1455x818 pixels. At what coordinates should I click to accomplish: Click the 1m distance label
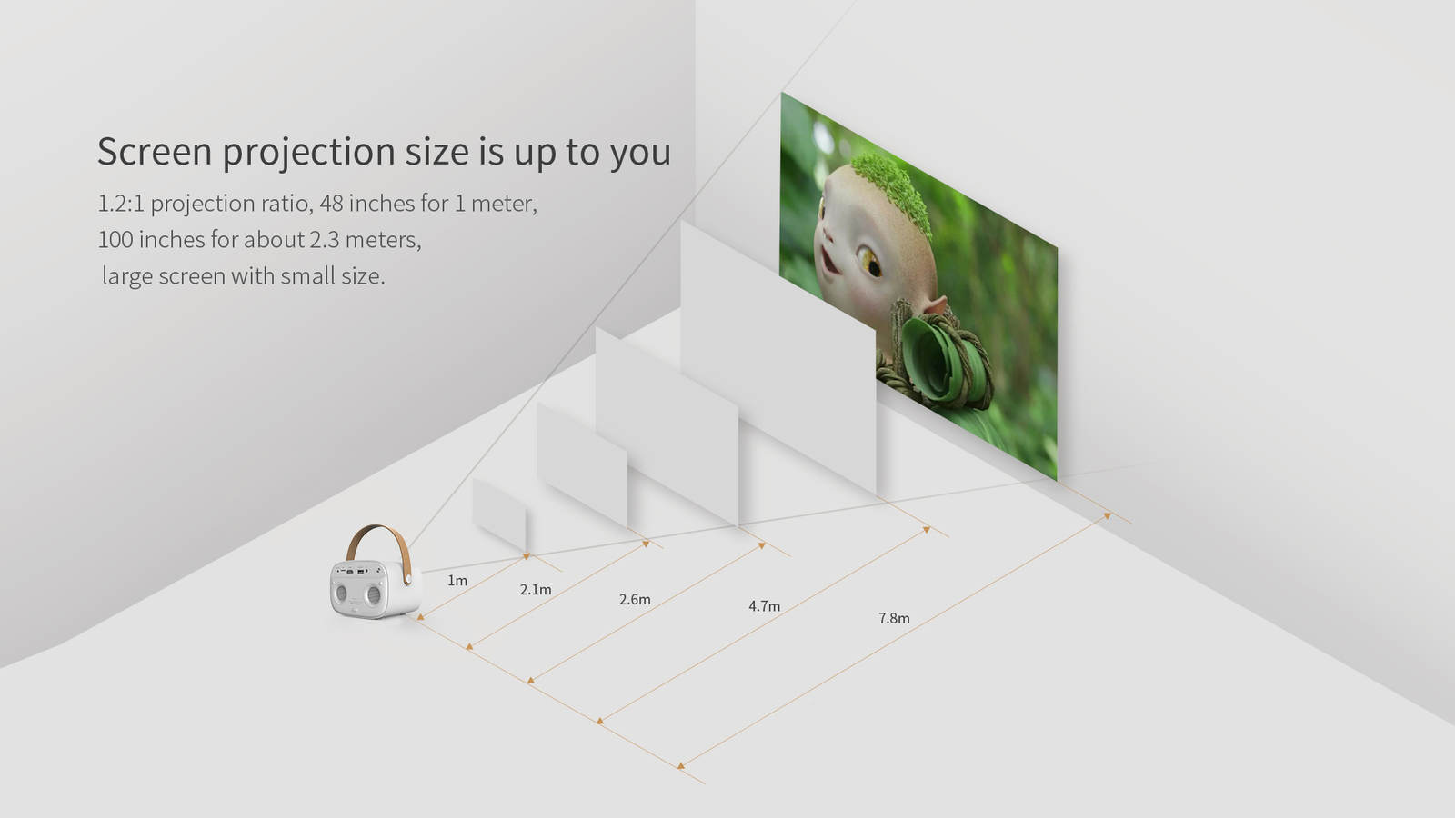457,581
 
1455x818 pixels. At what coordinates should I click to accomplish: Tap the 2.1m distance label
536,590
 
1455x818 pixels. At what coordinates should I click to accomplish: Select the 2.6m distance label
635,599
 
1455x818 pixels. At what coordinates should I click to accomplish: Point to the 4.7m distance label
764,606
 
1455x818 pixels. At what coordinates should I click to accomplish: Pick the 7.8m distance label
894,618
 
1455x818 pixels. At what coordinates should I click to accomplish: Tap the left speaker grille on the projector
342,594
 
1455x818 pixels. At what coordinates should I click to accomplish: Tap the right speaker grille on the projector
373,594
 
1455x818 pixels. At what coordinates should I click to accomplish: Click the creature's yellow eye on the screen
869,262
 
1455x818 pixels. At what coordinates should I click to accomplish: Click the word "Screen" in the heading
155,151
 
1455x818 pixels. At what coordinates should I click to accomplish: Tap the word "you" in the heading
640,154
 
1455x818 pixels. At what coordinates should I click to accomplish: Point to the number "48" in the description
331,204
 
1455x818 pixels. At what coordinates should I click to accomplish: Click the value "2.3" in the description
324,240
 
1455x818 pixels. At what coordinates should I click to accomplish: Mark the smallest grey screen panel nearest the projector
499,514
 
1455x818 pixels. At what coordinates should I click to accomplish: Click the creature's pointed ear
933,304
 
